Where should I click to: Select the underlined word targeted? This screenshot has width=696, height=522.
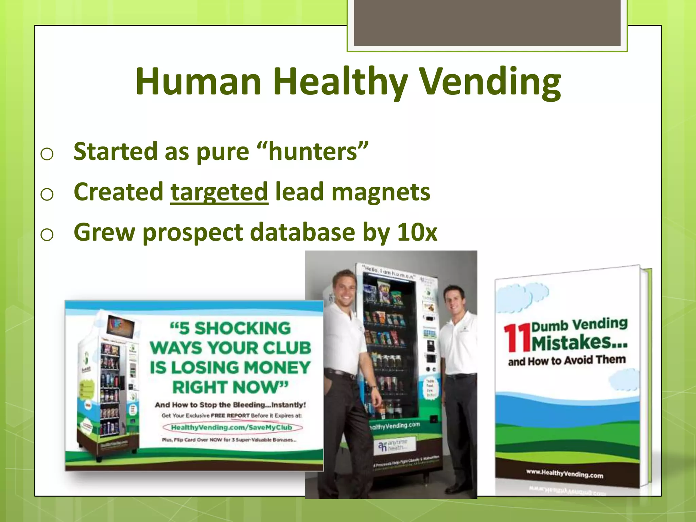219,192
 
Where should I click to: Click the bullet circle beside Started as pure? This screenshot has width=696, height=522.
47,154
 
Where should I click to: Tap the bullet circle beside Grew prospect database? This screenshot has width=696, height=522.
47,235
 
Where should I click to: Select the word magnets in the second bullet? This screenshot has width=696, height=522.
381,192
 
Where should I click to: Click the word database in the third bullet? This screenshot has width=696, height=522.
302,232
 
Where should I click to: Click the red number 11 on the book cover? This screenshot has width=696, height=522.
517,338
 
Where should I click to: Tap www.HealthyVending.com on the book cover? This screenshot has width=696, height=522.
564,473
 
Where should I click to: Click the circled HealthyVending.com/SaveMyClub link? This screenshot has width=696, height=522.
232,427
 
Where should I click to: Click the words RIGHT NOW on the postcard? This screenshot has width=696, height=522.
230,387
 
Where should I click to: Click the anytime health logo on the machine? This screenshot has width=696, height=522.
392,446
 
